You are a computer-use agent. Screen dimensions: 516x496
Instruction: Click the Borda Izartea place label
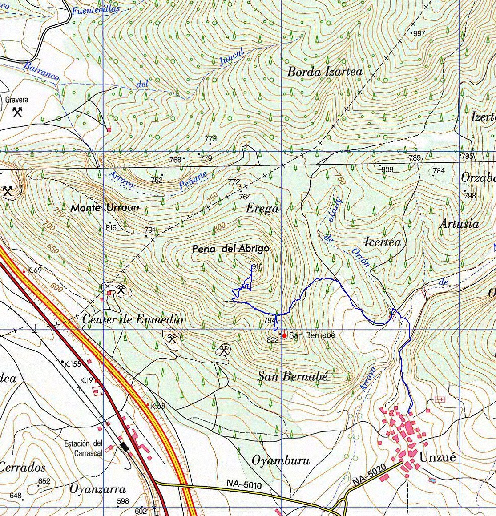pos(325,72)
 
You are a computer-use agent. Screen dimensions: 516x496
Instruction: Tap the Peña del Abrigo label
pos(231,249)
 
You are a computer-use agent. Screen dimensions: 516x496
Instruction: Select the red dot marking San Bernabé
pos(284,335)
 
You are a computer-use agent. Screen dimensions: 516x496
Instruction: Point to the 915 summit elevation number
pos(257,267)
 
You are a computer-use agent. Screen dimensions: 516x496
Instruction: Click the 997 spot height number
pos(419,33)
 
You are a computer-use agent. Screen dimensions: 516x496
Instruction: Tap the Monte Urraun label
pos(105,208)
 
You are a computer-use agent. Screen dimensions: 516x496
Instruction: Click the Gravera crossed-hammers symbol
pos(18,112)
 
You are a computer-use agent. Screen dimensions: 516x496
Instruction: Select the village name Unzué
pos(437,458)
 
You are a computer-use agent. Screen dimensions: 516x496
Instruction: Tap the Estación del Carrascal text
pos(83,448)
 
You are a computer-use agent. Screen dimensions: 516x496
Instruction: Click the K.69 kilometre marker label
pos(34,270)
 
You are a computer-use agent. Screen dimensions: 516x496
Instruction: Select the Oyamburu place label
pos(280,460)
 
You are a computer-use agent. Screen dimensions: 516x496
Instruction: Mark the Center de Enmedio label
pos(133,319)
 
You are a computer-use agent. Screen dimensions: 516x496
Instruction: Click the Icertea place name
pos(383,242)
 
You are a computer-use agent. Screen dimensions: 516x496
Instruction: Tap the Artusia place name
pos(459,224)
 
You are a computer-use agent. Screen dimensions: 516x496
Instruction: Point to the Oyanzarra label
pos(97,489)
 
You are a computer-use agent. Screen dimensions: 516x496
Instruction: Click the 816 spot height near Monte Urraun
pos(111,228)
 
